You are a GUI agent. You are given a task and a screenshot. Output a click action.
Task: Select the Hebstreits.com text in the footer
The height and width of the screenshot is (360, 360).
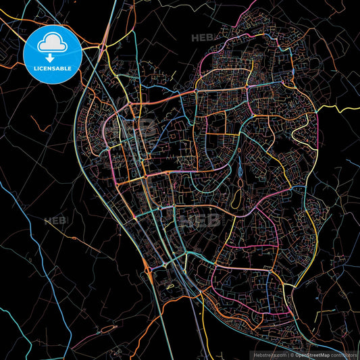tap(269, 354)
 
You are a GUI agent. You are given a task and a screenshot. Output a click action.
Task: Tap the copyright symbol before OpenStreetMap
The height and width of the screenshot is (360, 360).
tap(290, 354)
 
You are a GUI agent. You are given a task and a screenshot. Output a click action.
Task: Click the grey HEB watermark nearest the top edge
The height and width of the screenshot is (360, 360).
tap(203, 38)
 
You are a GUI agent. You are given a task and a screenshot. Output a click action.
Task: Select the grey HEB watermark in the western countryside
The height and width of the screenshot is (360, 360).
tap(55, 220)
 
